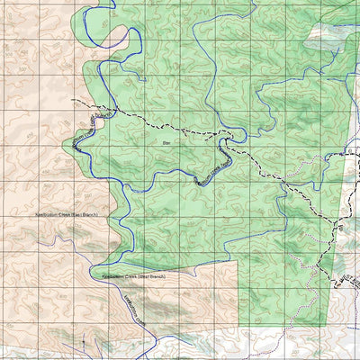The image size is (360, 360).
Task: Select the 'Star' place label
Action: pos(166,142)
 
